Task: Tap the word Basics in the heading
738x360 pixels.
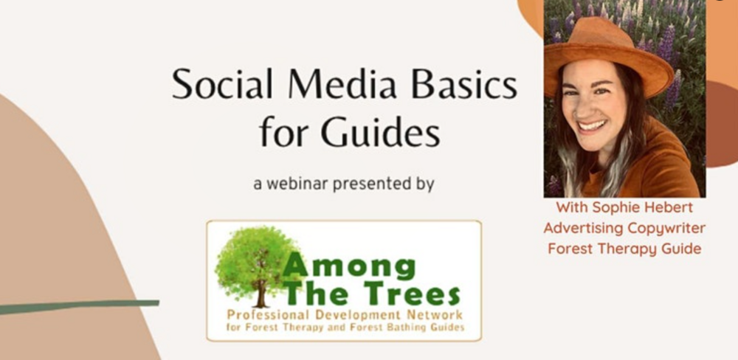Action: point(464,84)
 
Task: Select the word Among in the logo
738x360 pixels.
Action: point(349,268)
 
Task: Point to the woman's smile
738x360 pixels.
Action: point(592,125)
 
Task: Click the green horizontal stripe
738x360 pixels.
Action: point(79,306)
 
